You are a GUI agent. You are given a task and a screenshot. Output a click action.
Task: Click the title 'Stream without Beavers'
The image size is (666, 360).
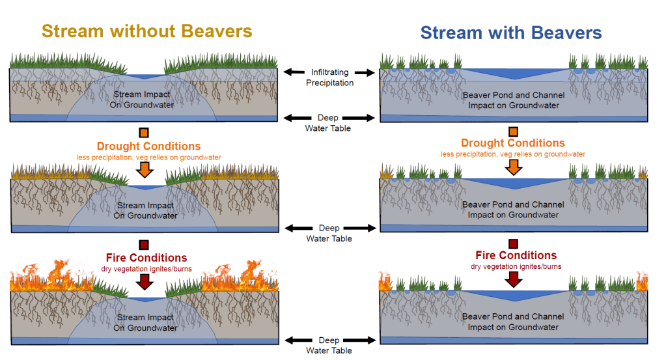pyautogui.click(x=146, y=31)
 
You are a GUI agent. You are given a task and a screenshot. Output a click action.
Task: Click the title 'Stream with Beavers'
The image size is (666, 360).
pyautogui.click(x=511, y=33)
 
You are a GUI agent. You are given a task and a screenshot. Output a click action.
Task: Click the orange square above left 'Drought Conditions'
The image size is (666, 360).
pyautogui.click(x=144, y=133)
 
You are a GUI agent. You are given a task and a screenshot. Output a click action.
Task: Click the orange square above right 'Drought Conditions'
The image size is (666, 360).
pyautogui.click(x=514, y=132)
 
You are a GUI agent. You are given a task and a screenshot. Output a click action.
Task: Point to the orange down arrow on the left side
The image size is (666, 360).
pyautogui.click(x=145, y=169)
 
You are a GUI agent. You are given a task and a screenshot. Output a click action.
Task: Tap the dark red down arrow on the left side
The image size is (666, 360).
pyautogui.click(x=145, y=281)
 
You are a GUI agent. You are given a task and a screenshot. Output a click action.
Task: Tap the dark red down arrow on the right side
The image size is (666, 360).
pyautogui.click(x=514, y=278)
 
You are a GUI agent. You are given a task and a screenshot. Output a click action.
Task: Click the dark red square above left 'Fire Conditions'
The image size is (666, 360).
pyautogui.click(x=144, y=244)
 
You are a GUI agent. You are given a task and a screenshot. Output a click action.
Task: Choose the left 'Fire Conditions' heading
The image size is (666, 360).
pyautogui.click(x=146, y=258)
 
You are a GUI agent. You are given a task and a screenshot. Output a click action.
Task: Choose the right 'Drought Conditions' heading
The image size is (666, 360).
pyautogui.click(x=513, y=143)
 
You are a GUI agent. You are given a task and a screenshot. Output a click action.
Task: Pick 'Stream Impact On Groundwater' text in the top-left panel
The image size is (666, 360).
pyautogui.click(x=144, y=100)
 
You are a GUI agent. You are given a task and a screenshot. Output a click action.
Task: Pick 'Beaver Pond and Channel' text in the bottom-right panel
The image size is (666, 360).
pyautogui.click(x=513, y=317)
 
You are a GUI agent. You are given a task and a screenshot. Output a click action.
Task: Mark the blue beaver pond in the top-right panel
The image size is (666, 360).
pyautogui.click(x=514, y=74)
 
